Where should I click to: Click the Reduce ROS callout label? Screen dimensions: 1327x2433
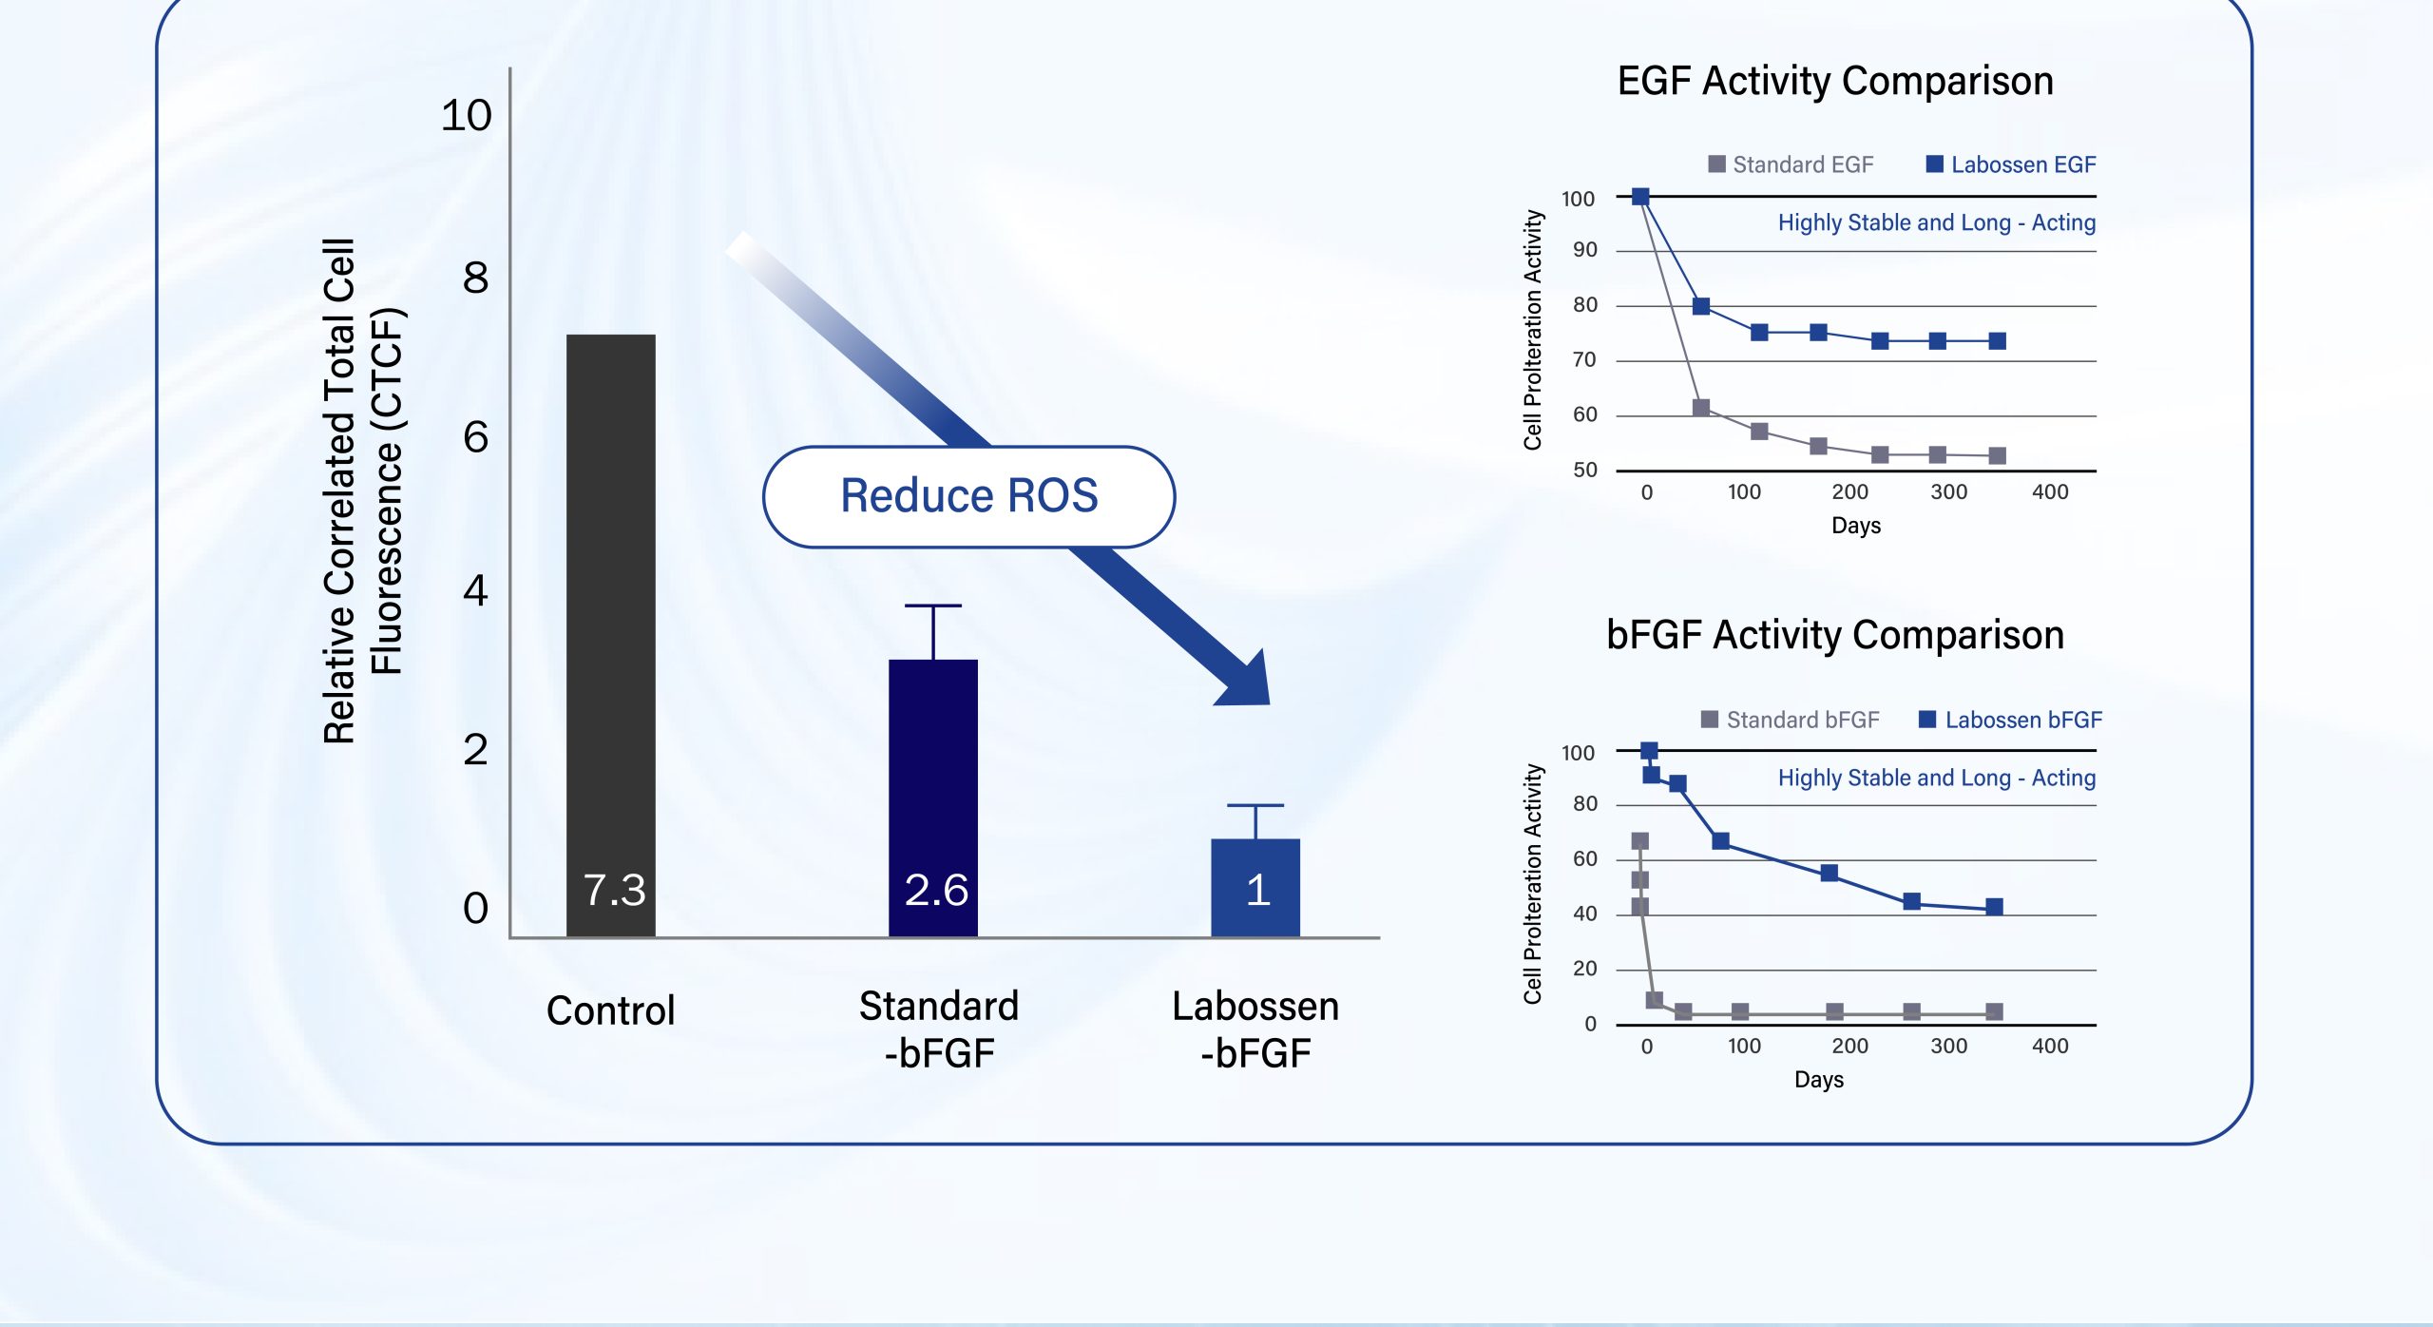[968, 496]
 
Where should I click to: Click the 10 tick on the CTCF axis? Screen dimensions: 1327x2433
[466, 116]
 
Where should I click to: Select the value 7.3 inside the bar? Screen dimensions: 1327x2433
[614, 890]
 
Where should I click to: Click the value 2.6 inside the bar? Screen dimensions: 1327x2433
[936, 890]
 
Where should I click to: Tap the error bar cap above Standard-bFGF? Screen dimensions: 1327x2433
[932, 606]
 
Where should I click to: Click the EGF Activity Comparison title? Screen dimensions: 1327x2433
[1834, 82]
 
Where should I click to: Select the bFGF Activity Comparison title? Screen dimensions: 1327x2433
[1834, 635]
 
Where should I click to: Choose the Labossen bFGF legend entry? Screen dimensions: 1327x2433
[2010, 720]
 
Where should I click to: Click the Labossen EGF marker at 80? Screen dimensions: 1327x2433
[1701, 306]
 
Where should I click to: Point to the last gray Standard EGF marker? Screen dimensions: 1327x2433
[1997, 456]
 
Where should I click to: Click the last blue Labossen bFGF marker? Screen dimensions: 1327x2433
[1994, 907]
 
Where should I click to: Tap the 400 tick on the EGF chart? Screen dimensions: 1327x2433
[2049, 492]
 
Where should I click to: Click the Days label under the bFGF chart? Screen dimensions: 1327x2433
[1818, 1080]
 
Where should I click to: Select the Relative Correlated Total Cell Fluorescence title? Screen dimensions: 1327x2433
[363, 490]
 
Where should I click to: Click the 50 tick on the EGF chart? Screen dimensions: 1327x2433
[1584, 471]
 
